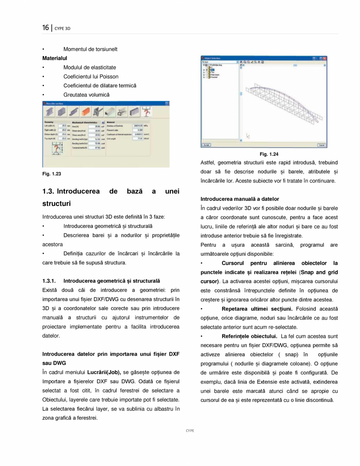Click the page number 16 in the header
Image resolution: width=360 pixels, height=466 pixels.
45,28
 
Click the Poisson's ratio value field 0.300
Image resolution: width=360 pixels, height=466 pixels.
137,130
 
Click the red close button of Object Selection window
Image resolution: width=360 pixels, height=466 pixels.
324,58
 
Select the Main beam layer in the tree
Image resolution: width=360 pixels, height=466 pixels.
215,74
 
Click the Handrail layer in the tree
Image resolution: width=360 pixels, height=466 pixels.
214,77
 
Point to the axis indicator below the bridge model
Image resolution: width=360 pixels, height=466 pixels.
248,136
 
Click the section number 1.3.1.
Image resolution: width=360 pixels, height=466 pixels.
50,281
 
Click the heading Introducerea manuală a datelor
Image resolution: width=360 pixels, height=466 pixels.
240,199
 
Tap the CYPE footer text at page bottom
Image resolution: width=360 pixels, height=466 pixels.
190,430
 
